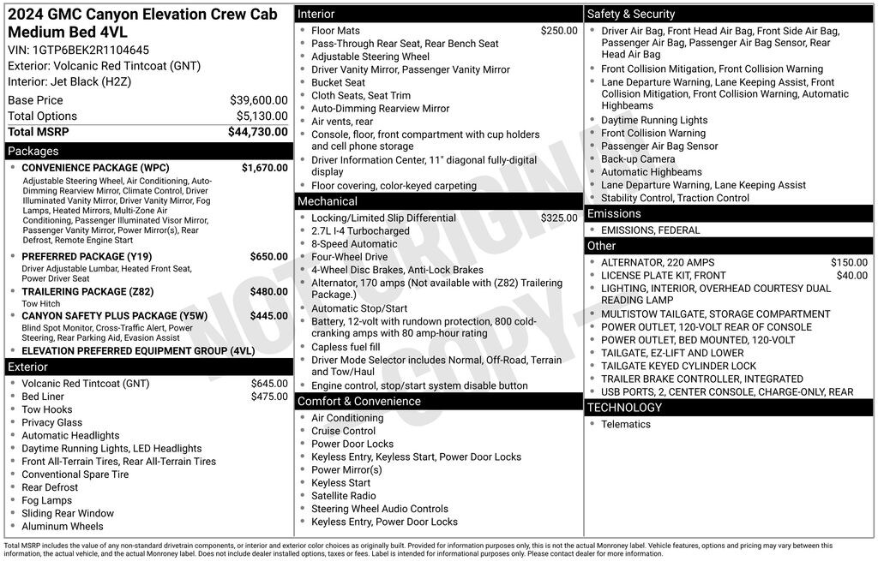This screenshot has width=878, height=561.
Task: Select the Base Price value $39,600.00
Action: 259,100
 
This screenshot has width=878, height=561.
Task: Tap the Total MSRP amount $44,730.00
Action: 258,132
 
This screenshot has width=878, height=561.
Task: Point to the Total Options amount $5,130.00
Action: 262,116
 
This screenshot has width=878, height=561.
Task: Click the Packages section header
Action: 33,152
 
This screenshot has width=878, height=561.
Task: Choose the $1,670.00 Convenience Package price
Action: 265,168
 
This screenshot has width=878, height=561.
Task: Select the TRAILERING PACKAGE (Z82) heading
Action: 87,291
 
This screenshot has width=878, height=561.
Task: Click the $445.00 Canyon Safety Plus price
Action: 269,316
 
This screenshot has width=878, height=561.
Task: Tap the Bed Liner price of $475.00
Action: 269,397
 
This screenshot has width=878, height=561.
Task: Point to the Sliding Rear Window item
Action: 68,513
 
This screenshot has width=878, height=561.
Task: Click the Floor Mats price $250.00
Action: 559,31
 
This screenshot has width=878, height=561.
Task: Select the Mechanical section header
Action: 328,201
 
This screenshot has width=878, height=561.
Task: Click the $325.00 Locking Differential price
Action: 559,218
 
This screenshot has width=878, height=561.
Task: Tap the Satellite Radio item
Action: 343,496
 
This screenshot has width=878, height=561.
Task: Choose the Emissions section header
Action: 614,213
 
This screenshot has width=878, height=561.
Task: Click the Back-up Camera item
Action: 638,159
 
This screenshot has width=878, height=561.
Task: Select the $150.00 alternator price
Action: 849,263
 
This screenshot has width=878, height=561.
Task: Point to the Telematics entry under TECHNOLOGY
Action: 626,424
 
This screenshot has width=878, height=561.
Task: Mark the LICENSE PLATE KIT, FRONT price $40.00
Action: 852,276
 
